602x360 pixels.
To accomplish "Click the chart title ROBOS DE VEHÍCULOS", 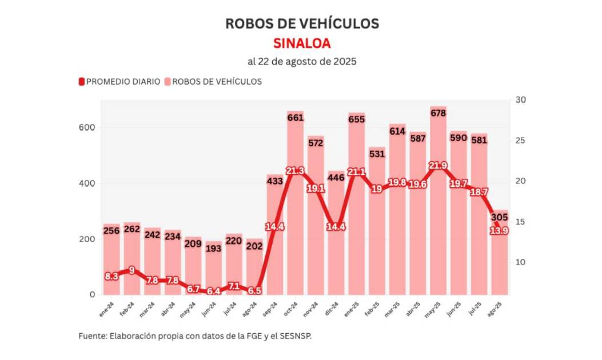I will click(x=302, y=23).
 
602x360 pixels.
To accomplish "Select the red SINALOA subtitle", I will click(x=302, y=43).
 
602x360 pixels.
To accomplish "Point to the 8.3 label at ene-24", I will click(x=111, y=276).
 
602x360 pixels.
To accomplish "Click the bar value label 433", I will click(x=275, y=181).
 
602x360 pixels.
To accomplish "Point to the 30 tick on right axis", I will click(x=520, y=100).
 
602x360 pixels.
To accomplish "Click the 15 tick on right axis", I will click(x=520, y=222).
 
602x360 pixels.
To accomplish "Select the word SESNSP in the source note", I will click(x=296, y=336).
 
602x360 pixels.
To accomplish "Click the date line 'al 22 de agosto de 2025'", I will click(x=302, y=61).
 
